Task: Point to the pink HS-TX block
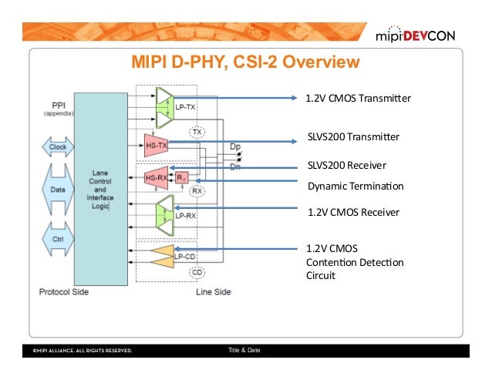(x=156, y=143)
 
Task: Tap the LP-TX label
(x=185, y=107)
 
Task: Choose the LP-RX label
(x=185, y=216)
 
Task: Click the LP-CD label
(x=185, y=256)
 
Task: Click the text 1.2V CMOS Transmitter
(x=359, y=99)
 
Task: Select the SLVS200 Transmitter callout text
(x=353, y=137)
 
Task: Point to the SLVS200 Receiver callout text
(x=346, y=165)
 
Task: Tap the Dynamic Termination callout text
(x=356, y=186)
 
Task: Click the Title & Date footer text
(x=244, y=351)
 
